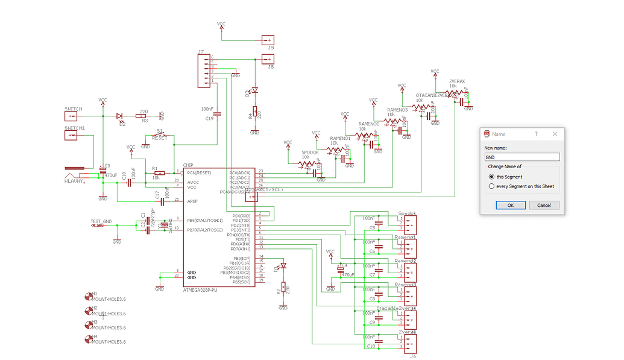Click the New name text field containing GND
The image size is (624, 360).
522,157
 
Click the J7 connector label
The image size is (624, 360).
200,53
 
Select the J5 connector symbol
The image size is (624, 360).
268,40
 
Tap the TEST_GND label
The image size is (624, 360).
101,221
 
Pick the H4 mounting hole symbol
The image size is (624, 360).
88,339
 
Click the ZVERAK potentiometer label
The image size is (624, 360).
456,81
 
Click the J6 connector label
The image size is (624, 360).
412,356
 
